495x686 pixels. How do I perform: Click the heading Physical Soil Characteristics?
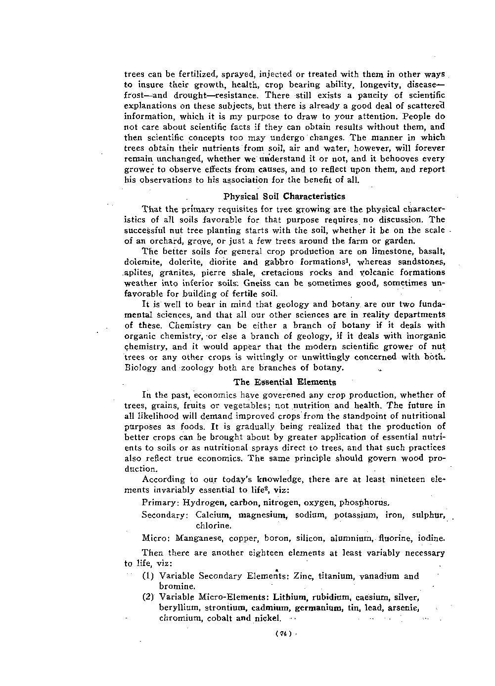pyautogui.click(x=284, y=197)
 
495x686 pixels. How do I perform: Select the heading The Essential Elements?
pyautogui.click(x=284, y=382)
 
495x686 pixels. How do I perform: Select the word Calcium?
pyautogui.click(x=214, y=515)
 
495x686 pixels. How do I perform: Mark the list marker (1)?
pyautogui.click(x=149, y=576)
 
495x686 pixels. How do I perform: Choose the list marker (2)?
pyautogui.click(x=149, y=597)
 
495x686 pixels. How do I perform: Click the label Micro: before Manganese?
pyautogui.click(x=154, y=538)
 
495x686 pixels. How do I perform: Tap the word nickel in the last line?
pyautogui.click(x=268, y=618)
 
